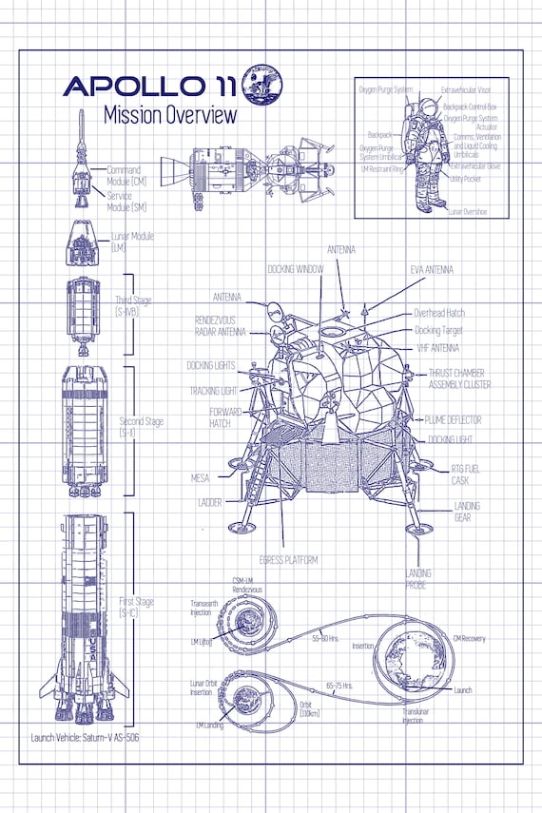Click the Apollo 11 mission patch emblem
point(261,84)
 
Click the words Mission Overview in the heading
point(169,116)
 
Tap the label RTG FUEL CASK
point(467,474)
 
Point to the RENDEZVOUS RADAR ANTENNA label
point(221,326)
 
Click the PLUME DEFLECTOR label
point(453,419)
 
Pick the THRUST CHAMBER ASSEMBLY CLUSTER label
point(459,379)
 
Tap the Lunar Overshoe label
point(467,211)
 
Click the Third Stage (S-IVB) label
point(133,305)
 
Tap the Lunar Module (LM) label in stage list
point(131,242)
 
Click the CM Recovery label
point(469,638)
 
